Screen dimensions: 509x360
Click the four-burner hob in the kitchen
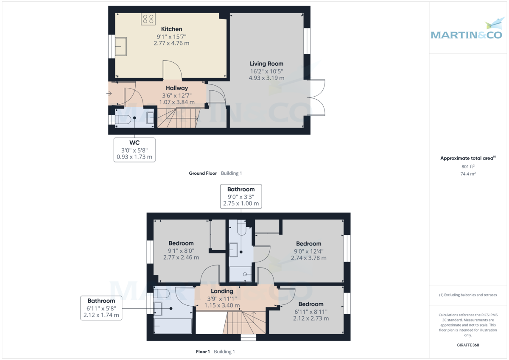[x=148, y=19]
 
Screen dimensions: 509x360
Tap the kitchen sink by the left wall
[x=121, y=46]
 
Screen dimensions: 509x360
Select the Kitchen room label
[x=171, y=29]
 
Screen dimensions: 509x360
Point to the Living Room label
[x=266, y=64]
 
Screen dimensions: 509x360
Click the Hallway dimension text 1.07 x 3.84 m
[x=177, y=102]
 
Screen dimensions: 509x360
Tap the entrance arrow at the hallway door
[x=109, y=93]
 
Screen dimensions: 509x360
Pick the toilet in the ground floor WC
[x=123, y=119]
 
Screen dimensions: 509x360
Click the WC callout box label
[x=134, y=142]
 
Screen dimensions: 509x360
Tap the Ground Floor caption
[x=203, y=173]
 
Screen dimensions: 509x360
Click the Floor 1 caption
[x=203, y=352]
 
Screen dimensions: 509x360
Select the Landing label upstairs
[x=222, y=291]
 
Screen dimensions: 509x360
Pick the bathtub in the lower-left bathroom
[x=173, y=326]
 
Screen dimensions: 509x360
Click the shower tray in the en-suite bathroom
[x=241, y=274]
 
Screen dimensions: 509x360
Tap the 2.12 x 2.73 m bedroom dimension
[x=311, y=318]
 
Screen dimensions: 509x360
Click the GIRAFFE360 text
[x=468, y=345]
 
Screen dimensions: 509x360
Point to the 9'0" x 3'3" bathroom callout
[x=241, y=197]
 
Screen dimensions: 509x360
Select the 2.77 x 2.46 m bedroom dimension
[x=181, y=257]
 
